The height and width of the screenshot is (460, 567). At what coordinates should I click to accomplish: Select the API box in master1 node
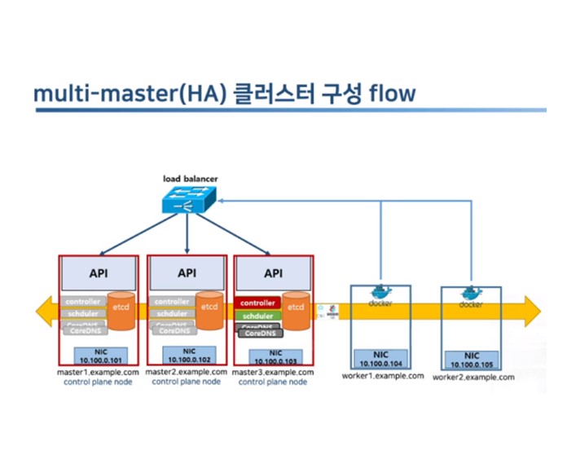[x=99, y=273]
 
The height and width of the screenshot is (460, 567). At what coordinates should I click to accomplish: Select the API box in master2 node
[x=187, y=273]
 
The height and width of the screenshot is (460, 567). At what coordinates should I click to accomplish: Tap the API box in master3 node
[x=274, y=273]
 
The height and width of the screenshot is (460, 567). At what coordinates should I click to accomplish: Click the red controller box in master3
[x=257, y=303]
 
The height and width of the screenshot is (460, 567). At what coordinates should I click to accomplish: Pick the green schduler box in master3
[x=257, y=316]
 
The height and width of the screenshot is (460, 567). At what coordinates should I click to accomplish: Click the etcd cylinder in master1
[x=122, y=313]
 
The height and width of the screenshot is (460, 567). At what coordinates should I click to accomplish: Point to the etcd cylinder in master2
[x=209, y=313]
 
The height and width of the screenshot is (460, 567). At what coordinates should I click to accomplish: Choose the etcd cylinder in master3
[x=296, y=313]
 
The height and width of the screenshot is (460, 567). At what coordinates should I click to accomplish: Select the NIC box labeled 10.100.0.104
[x=380, y=359]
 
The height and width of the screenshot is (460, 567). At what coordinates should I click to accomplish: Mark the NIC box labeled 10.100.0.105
[x=471, y=360]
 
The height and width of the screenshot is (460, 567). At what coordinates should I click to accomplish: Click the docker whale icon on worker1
[x=380, y=293]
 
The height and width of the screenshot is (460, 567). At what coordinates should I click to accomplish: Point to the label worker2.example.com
[x=473, y=378]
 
